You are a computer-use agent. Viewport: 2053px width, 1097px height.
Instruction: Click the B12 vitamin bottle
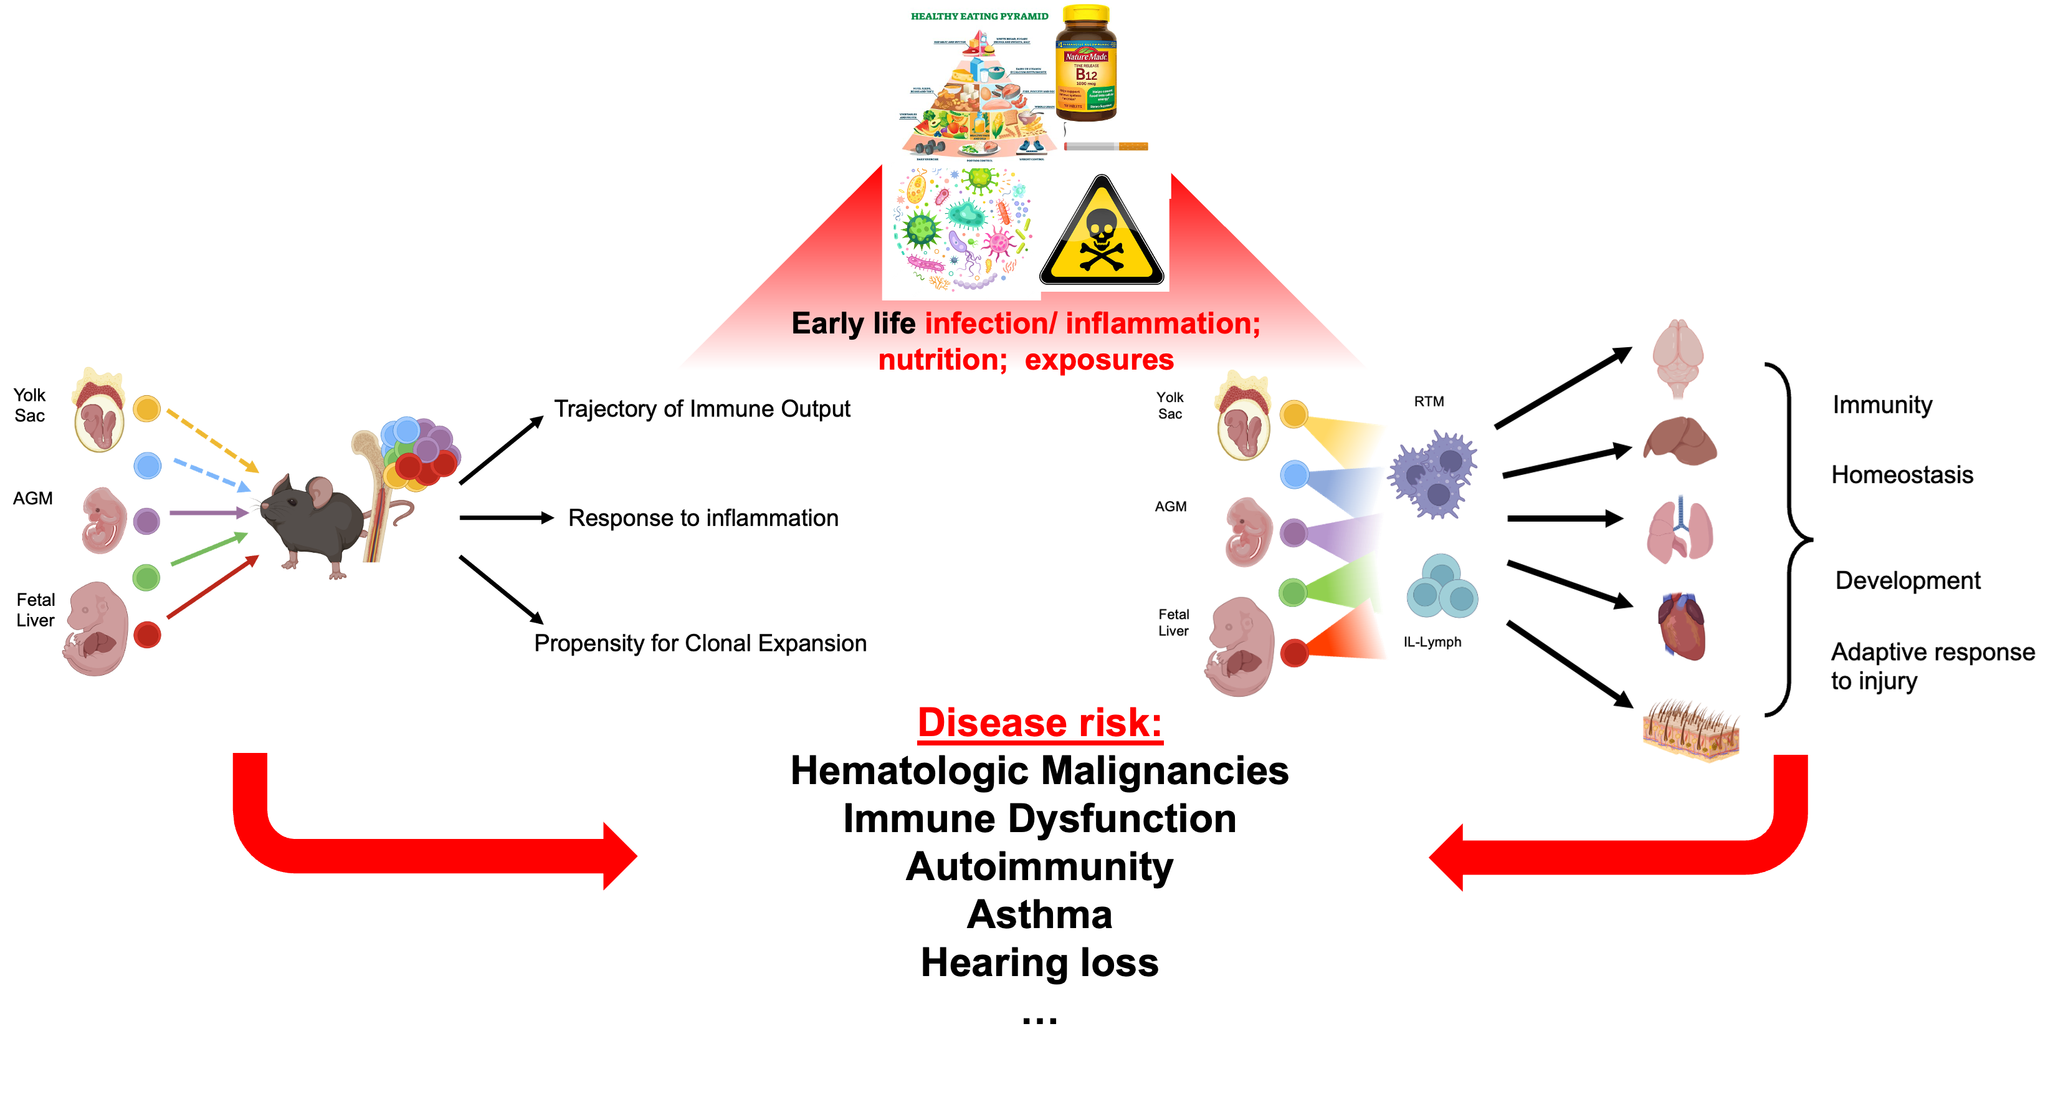click(x=1085, y=64)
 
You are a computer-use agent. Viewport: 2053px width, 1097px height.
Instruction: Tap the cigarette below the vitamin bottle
click(x=1106, y=146)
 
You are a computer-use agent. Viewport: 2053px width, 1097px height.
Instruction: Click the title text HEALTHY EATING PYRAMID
click(x=979, y=16)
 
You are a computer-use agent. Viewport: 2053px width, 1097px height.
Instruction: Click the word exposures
click(x=1099, y=360)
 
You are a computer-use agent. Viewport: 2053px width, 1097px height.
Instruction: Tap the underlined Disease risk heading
click(x=1040, y=722)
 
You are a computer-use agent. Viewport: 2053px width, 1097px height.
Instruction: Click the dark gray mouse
click(x=315, y=522)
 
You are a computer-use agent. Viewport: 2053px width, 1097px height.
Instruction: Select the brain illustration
click(x=1678, y=357)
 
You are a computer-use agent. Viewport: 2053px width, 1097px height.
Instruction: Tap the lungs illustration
click(x=1680, y=530)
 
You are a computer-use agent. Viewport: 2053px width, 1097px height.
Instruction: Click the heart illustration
click(x=1682, y=626)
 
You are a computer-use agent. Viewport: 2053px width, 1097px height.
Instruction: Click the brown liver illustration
click(x=1680, y=441)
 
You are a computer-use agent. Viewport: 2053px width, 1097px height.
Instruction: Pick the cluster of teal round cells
click(x=1442, y=588)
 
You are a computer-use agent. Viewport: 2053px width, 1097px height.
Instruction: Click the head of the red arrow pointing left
click(x=1447, y=857)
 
